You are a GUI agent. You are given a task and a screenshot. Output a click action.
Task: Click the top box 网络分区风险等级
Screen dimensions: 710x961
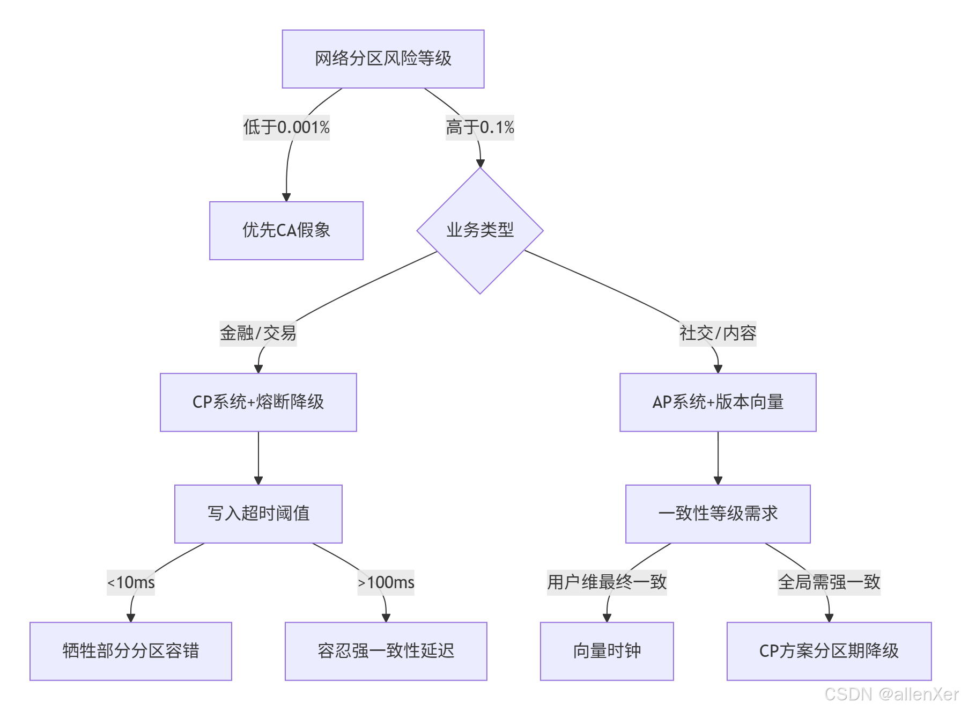click(383, 59)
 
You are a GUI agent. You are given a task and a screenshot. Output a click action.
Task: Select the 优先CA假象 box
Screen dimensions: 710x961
click(286, 231)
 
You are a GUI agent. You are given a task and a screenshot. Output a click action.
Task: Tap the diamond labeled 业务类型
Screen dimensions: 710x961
click(480, 231)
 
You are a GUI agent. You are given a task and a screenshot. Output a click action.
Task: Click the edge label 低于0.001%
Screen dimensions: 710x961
click(286, 128)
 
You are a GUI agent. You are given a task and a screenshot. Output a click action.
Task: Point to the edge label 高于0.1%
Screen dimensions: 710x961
click(479, 128)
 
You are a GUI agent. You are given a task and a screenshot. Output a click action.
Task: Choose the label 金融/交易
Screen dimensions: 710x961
click(258, 333)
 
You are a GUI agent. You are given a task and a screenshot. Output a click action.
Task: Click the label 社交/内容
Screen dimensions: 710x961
click(718, 333)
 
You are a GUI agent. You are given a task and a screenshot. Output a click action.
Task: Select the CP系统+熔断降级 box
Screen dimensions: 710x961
click(258, 402)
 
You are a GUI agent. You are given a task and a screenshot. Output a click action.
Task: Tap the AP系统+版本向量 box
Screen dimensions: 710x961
click(718, 402)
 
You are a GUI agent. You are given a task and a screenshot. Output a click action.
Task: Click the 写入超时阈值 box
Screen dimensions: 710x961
click(258, 514)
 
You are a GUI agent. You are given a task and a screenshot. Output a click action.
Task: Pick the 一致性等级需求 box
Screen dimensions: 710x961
click(718, 514)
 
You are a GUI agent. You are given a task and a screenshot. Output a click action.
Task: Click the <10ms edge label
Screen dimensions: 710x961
click(131, 582)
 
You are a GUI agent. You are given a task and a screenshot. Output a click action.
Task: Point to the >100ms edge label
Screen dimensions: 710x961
click(386, 582)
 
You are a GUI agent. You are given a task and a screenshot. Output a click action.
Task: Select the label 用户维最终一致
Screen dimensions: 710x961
click(607, 582)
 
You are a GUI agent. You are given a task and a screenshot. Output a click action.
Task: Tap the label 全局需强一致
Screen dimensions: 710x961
click(829, 582)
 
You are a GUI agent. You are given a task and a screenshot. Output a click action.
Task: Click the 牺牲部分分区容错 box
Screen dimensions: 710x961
click(130, 651)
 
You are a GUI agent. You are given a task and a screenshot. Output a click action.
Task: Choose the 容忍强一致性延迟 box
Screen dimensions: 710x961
click(386, 651)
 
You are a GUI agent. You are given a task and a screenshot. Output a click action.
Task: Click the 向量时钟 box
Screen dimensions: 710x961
click(607, 651)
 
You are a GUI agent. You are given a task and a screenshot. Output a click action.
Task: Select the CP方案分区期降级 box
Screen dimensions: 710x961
click(829, 651)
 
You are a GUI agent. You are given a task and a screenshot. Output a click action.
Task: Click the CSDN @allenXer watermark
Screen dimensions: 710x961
click(891, 694)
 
